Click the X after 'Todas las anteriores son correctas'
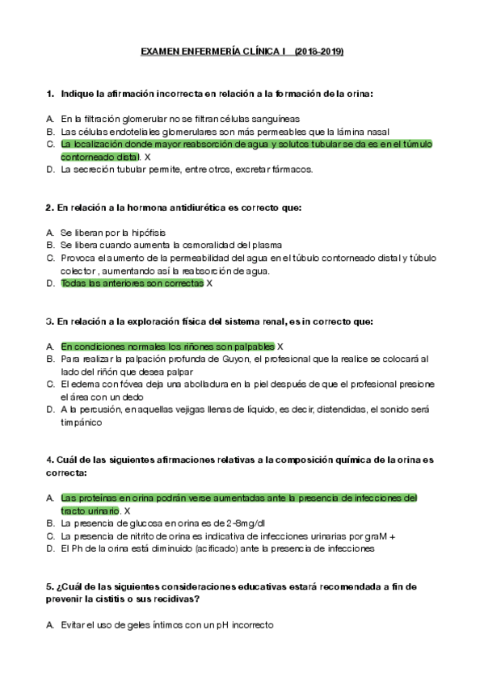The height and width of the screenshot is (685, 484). (209, 284)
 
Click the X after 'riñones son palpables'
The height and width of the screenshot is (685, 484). (280, 346)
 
